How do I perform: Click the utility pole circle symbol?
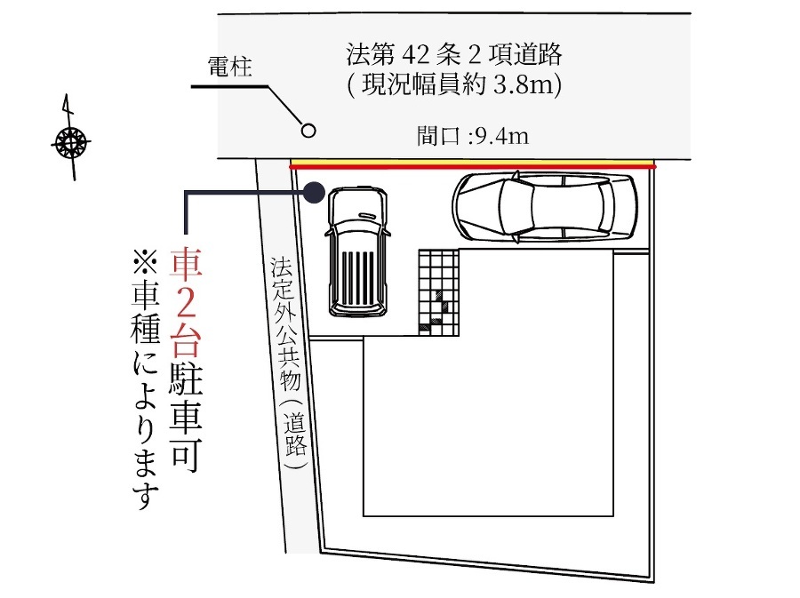click(308, 131)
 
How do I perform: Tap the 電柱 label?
click(229, 67)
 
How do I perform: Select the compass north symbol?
click(71, 140)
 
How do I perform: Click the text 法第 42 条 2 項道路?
click(453, 54)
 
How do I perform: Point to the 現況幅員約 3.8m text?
click(456, 84)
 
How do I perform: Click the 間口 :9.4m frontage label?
click(473, 136)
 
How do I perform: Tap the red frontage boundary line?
click(473, 166)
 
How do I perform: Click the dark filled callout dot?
click(315, 192)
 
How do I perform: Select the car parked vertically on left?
click(357, 251)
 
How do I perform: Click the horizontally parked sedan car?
click(544, 206)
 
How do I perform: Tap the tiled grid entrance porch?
click(439, 292)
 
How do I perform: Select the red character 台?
click(186, 340)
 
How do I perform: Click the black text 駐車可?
click(186, 413)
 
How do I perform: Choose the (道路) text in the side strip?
click(295, 433)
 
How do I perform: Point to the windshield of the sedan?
click(516, 206)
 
